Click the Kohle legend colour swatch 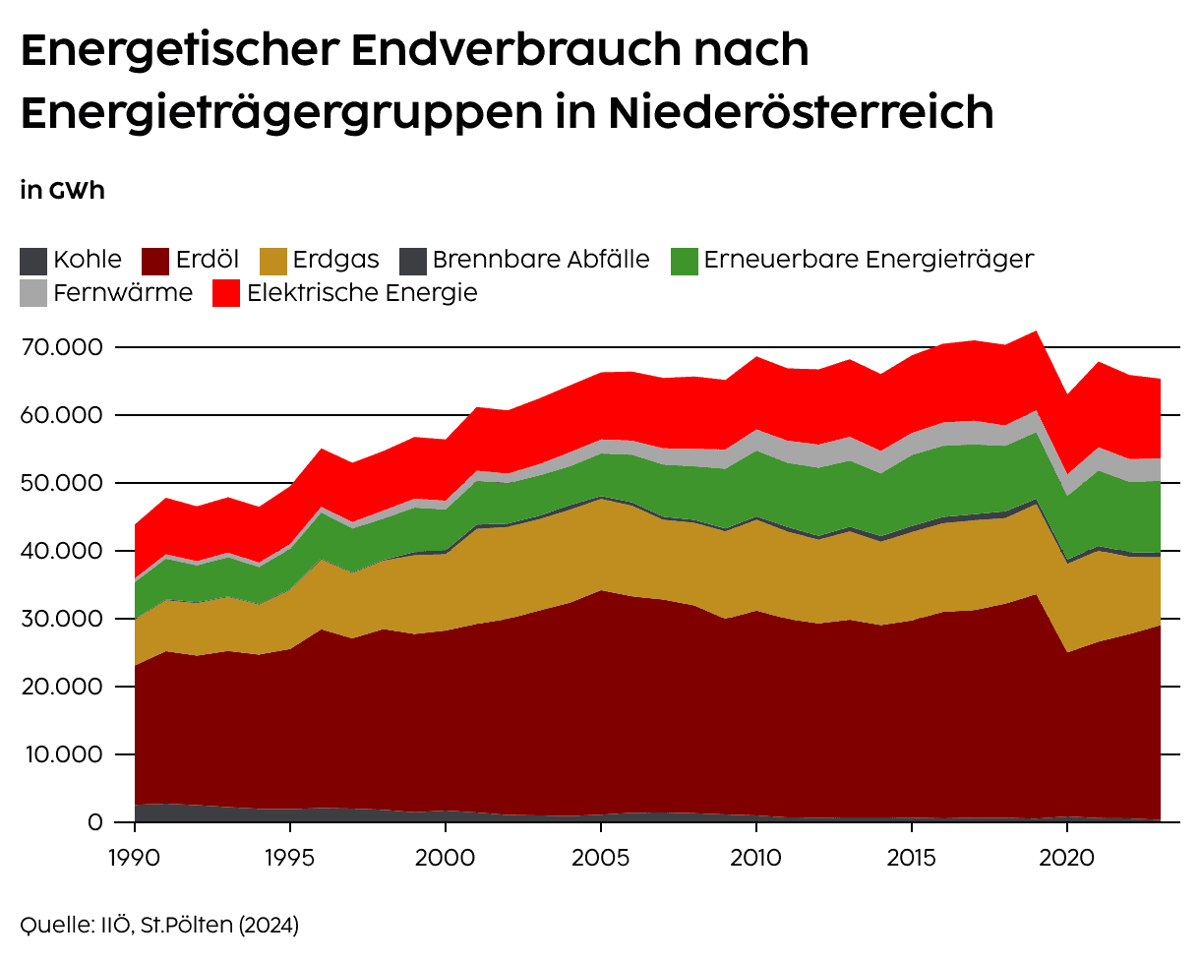pyautogui.click(x=33, y=261)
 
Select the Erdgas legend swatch pyautogui.click(x=273, y=261)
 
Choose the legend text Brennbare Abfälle pyautogui.click(x=540, y=260)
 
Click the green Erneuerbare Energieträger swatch pyautogui.click(x=685, y=261)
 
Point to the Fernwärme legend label pyautogui.click(x=123, y=292)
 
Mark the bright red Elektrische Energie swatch pyautogui.click(x=227, y=293)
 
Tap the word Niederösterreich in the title pyautogui.click(x=801, y=112)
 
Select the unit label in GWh pyautogui.click(x=62, y=191)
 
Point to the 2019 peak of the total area pyautogui.click(x=1036, y=331)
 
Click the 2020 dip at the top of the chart pyautogui.click(x=1067, y=395)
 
